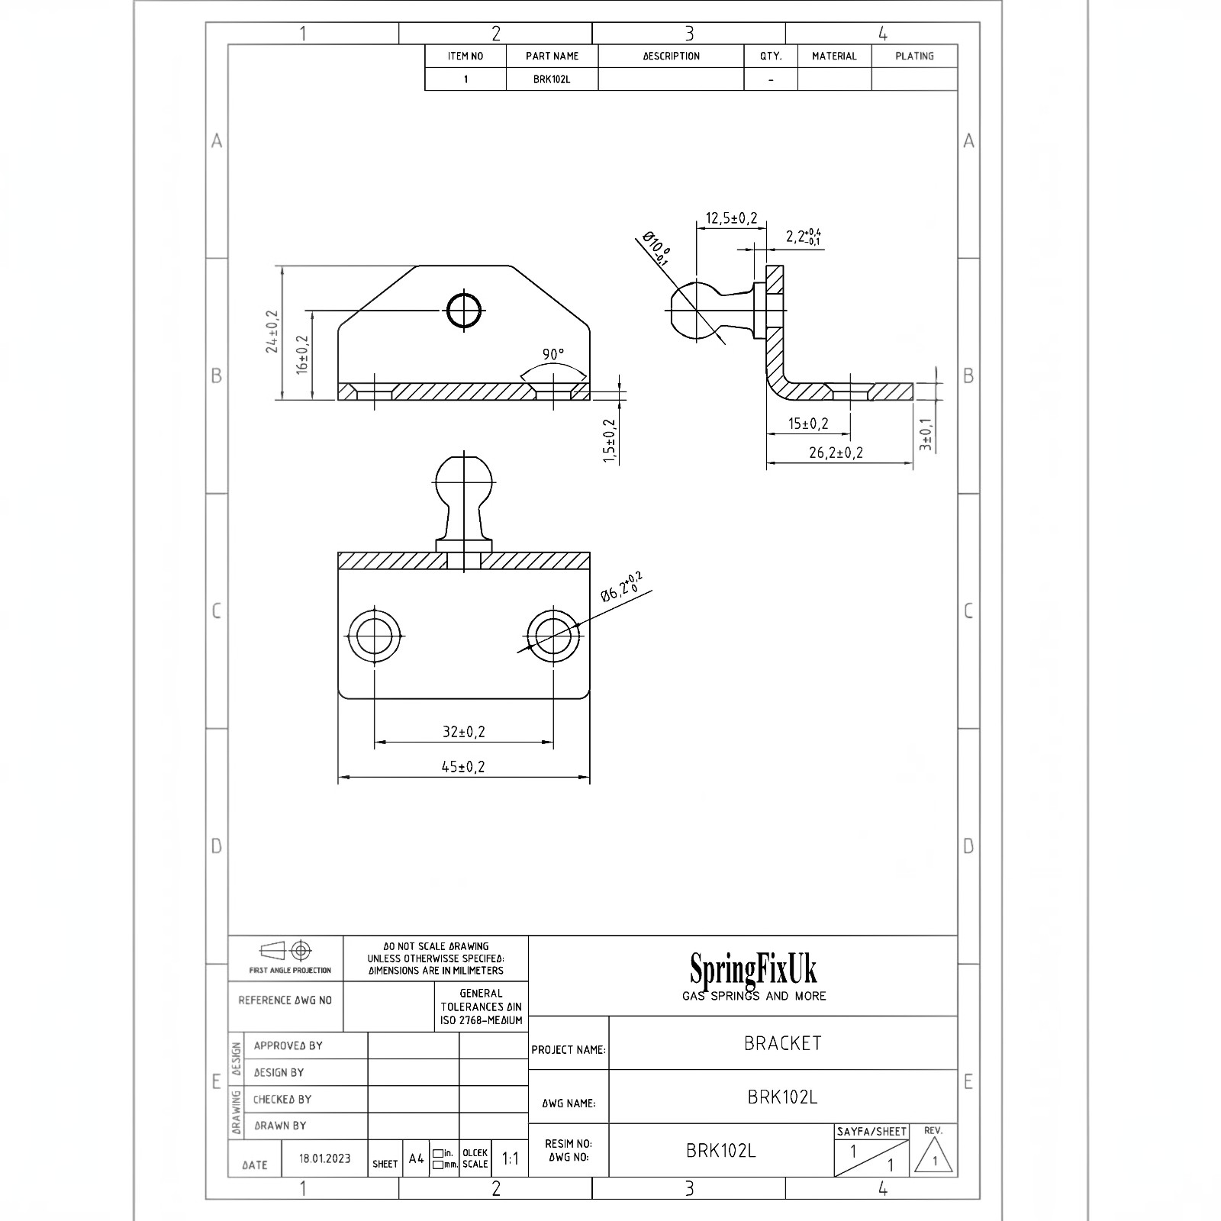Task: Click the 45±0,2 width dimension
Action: tap(463, 766)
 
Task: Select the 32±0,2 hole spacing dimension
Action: tap(464, 731)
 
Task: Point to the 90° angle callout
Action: tap(553, 354)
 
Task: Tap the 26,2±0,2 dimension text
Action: tap(836, 453)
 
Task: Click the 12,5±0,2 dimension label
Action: tap(731, 218)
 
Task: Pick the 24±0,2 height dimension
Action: tap(272, 331)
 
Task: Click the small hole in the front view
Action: tap(464, 311)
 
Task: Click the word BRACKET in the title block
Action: tap(783, 1043)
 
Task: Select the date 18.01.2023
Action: tap(325, 1158)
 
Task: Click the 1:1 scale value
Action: tap(511, 1158)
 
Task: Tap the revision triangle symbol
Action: tap(934, 1161)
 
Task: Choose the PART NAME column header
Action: tap(552, 56)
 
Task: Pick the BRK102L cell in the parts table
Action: tap(552, 79)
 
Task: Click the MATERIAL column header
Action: tap(834, 56)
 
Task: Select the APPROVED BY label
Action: tap(288, 1045)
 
